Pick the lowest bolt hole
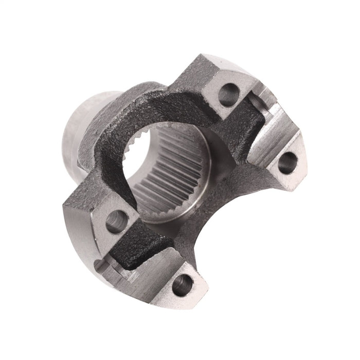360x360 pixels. click(x=181, y=283)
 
